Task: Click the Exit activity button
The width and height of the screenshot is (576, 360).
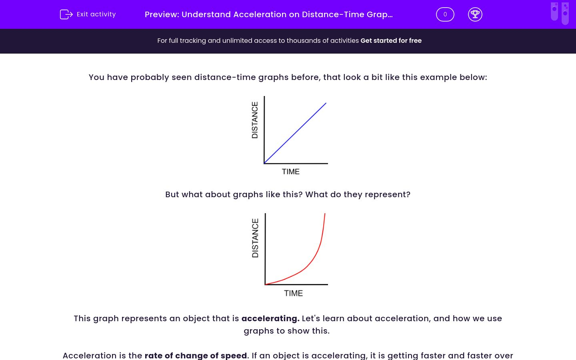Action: (88, 14)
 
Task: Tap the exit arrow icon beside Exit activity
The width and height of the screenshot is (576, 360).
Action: (66, 14)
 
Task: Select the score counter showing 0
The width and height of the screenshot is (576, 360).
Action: (445, 14)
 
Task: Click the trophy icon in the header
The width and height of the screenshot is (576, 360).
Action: (475, 14)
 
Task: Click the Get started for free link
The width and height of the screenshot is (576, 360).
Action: (391, 40)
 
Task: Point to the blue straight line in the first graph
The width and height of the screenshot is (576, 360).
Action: (295, 133)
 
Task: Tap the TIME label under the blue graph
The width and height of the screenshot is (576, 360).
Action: (290, 172)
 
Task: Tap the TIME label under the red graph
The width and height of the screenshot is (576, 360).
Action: (293, 293)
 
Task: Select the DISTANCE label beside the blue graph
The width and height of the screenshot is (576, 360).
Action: (255, 120)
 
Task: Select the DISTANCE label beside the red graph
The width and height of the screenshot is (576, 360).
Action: (255, 238)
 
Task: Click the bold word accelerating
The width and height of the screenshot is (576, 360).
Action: (270, 318)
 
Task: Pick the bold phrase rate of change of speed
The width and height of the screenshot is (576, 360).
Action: (196, 355)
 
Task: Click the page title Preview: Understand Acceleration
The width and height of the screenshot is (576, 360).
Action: (268, 14)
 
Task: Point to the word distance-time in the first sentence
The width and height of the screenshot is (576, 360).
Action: (225, 77)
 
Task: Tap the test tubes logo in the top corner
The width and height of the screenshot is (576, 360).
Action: (559, 13)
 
